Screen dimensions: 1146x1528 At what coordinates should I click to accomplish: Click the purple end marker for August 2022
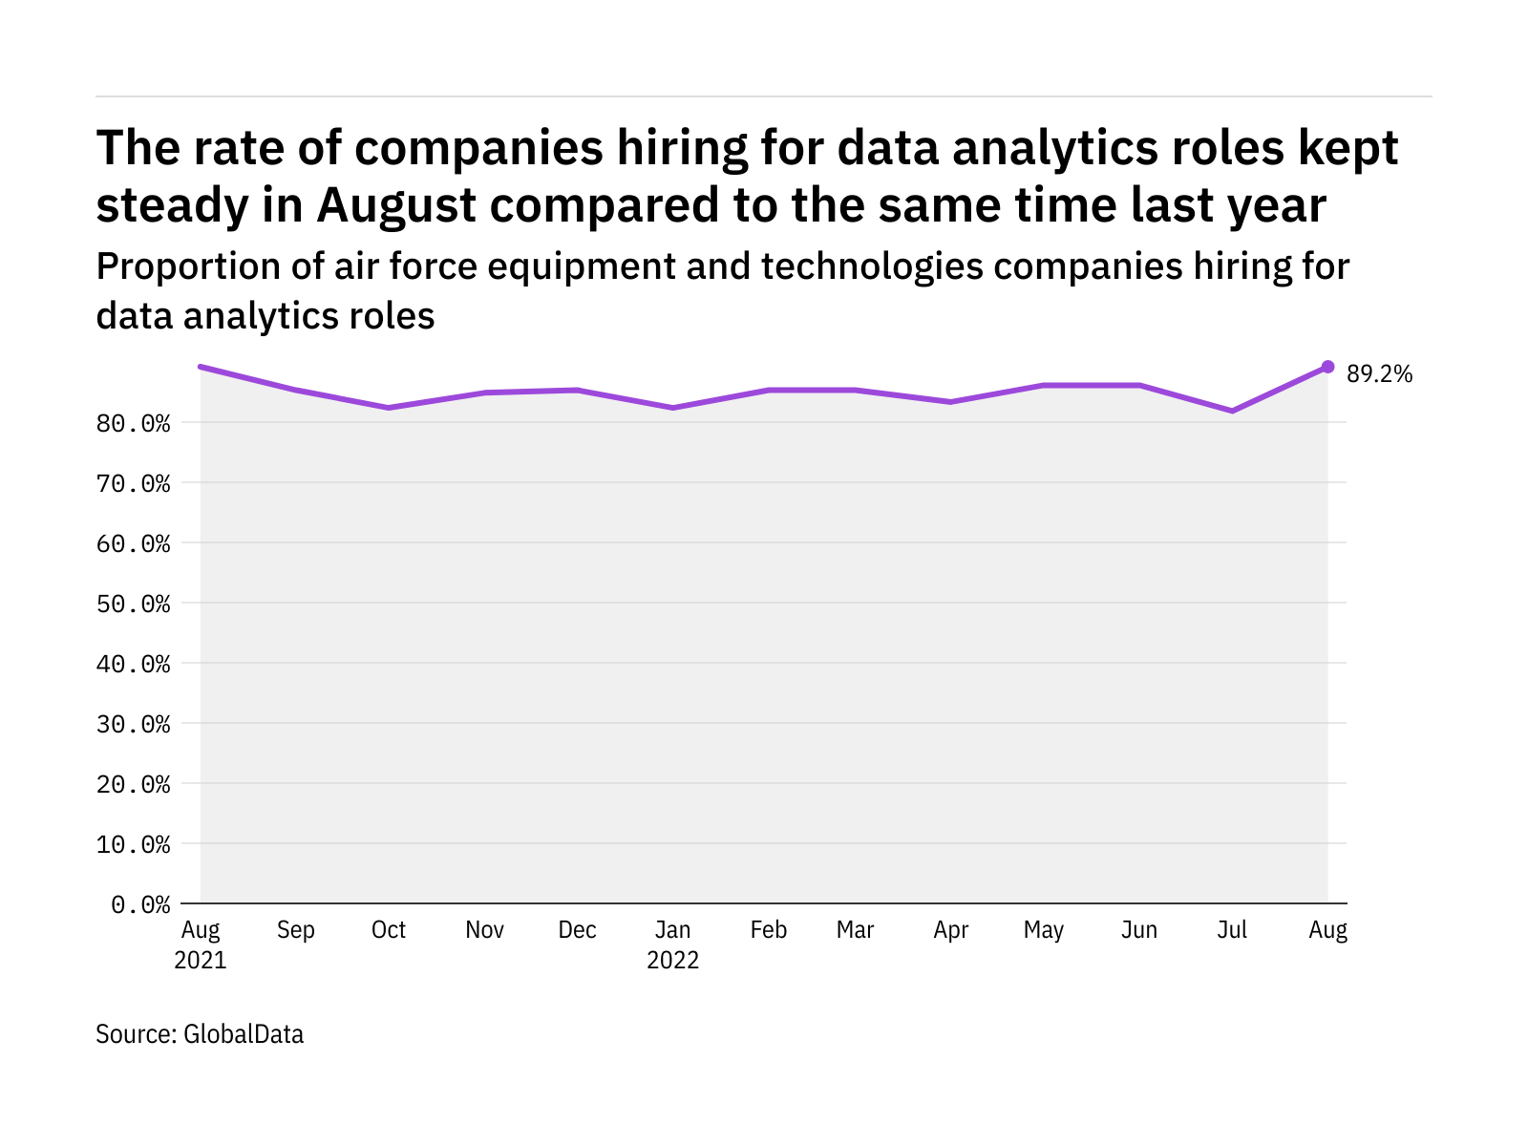click(1327, 367)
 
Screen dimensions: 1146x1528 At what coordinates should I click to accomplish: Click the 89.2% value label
click(1379, 374)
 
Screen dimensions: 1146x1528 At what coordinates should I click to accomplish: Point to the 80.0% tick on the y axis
click(134, 423)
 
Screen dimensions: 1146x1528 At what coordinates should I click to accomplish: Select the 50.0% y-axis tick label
click(134, 604)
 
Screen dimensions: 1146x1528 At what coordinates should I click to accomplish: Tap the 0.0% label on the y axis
click(141, 904)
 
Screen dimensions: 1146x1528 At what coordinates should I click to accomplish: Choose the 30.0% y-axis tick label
click(134, 724)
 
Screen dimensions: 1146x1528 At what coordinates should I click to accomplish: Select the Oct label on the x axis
click(389, 930)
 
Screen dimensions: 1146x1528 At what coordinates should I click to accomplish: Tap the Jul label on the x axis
click(1232, 930)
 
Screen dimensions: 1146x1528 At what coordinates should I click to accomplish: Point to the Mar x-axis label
click(855, 930)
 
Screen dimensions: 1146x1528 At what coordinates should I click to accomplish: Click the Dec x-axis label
click(577, 930)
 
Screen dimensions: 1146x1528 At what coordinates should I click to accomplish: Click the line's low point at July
click(1233, 411)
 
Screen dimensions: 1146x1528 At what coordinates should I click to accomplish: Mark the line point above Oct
click(389, 408)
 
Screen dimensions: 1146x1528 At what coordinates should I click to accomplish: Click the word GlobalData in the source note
click(244, 1034)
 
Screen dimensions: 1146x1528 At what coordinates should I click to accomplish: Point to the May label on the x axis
click(1044, 930)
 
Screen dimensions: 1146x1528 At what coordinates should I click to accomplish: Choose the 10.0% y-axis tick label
click(134, 844)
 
